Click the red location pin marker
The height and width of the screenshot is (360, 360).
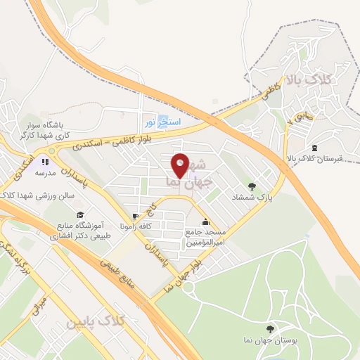pos(181,165)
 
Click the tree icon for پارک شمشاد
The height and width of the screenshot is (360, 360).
pos(252,186)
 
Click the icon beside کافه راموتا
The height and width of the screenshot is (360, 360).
pos(134,216)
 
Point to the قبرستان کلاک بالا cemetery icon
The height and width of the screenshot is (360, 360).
pos(313,148)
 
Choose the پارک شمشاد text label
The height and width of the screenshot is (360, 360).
pos(252,198)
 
